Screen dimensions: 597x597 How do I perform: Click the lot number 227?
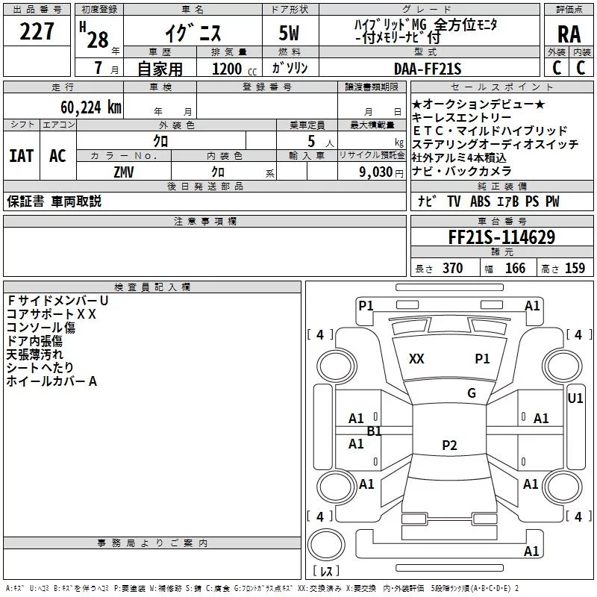(37, 31)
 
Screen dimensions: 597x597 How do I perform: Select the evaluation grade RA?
(569, 34)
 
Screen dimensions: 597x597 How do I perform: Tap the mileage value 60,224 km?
(91, 107)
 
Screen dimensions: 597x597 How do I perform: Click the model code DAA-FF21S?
(428, 69)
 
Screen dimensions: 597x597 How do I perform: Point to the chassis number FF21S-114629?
(501, 237)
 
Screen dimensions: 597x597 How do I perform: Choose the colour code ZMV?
(124, 172)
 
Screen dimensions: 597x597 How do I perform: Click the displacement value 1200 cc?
(234, 69)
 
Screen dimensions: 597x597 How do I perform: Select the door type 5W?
(289, 33)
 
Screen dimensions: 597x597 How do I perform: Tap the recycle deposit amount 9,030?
(375, 172)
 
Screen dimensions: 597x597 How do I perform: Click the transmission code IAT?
(22, 156)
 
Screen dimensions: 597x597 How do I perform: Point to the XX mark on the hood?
(416, 359)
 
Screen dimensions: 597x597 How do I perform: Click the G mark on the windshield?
(472, 393)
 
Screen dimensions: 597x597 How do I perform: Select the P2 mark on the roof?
(449, 445)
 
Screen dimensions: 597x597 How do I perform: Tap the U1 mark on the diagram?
(575, 398)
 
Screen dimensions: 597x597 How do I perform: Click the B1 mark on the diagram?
(374, 431)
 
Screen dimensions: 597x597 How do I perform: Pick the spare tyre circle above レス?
(326, 544)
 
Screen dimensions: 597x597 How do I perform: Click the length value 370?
(453, 268)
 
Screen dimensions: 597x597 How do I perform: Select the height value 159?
(575, 268)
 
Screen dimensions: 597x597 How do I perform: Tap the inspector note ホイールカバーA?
(51, 381)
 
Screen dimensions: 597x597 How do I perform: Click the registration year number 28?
(98, 40)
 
